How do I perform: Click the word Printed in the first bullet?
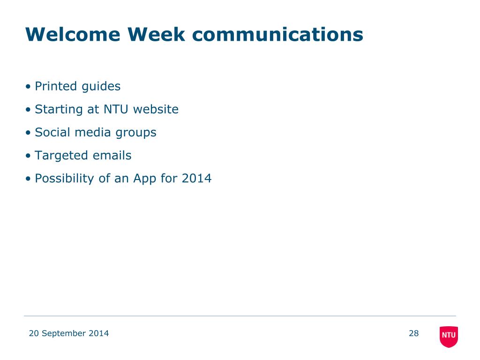click(56, 86)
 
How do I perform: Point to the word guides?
click(101, 87)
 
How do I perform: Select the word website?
click(156, 109)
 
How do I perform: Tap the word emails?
click(112, 156)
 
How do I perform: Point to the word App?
click(145, 179)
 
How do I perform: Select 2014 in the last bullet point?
click(196, 179)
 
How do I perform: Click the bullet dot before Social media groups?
click(28, 133)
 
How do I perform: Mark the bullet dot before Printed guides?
click(28, 87)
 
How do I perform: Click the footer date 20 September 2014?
click(69, 333)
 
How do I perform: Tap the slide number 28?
click(413, 333)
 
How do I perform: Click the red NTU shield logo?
click(449, 337)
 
